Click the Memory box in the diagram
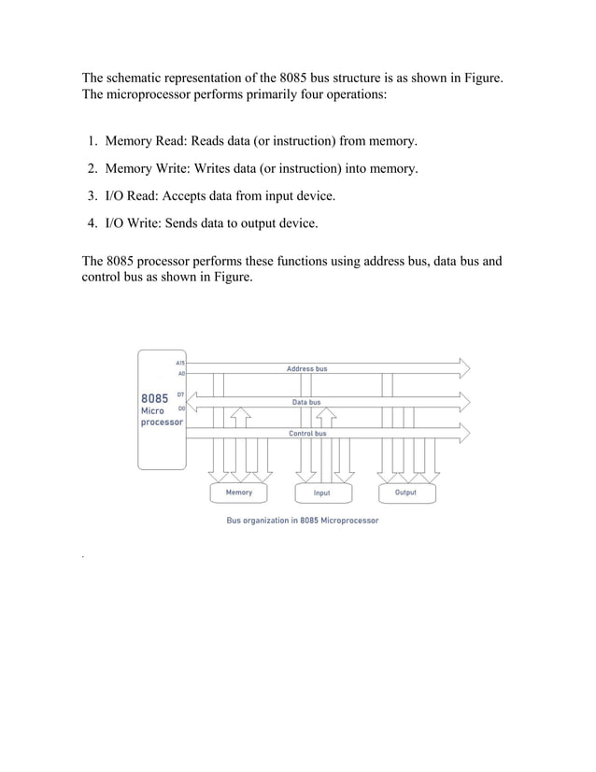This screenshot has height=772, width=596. tap(239, 493)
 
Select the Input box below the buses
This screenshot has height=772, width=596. tap(321, 493)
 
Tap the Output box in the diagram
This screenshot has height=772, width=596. tap(405, 493)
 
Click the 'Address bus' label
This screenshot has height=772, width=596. tap(307, 369)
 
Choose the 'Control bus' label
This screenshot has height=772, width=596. tap(307, 434)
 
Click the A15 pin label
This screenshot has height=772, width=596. tap(179, 362)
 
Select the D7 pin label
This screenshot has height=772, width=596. tap(180, 395)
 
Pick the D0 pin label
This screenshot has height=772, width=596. tap(180, 408)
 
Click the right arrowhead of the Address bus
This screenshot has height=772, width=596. tap(464, 367)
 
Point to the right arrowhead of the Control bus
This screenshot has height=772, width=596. tap(464, 433)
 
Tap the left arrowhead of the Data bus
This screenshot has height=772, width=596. tap(193, 401)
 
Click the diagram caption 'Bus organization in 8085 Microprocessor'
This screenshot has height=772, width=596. tap(303, 521)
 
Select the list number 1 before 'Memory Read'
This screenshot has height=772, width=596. tap(93, 141)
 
